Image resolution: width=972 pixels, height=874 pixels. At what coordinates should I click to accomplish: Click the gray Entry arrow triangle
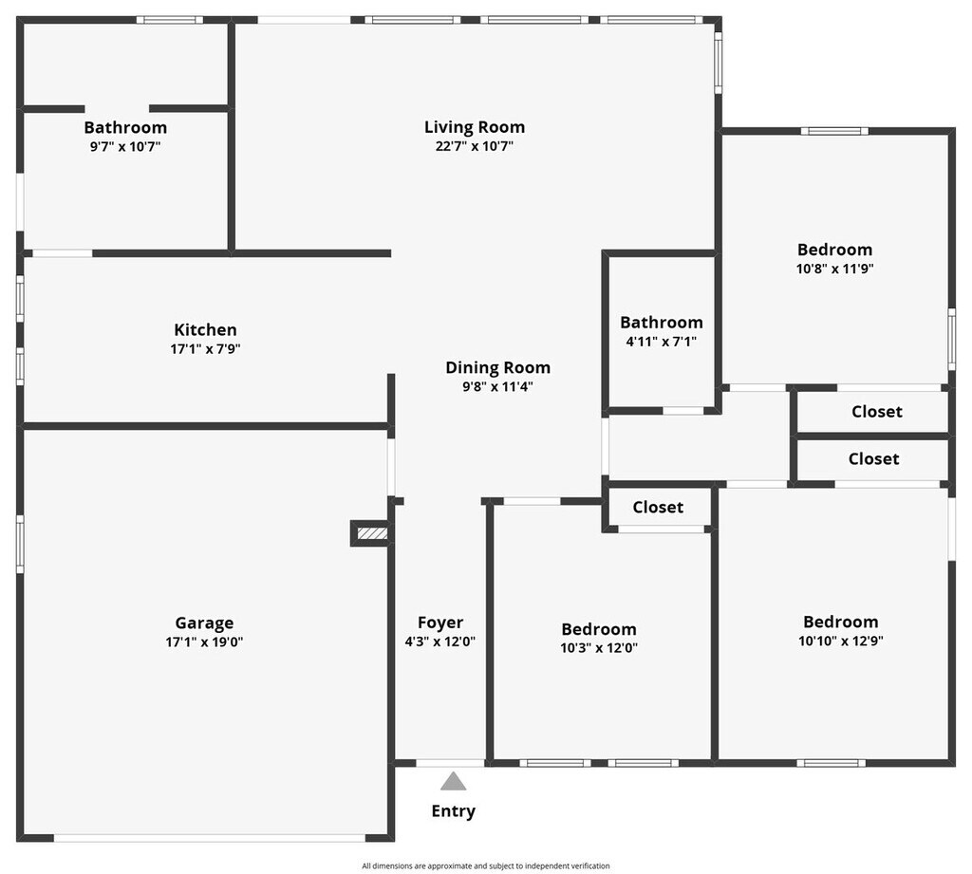tap(454, 782)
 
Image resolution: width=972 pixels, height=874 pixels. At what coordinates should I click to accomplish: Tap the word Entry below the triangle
tap(454, 811)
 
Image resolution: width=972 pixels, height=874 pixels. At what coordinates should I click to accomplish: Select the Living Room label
tap(474, 127)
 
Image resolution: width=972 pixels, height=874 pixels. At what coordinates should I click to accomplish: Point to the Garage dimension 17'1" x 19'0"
tap(204, 642)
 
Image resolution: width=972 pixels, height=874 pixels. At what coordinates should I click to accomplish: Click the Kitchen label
tap(205, 330)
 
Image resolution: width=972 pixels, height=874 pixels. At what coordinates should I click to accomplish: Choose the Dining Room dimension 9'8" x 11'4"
tap(497, 386)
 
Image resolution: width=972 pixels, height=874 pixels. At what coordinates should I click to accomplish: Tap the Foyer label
tap(440, 623)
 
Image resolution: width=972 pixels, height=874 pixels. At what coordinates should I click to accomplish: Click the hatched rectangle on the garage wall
tap(371, 534)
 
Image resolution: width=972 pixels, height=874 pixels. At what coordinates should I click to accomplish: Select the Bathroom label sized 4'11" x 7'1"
tap(662, 323)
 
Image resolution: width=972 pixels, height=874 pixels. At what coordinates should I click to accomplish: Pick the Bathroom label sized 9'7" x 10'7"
tap(125, 127)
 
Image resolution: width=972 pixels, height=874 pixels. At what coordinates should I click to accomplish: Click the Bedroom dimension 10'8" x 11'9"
tap(834, 269)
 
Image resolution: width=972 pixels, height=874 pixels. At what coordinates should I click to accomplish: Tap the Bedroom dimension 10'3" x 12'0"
tap(598, 648)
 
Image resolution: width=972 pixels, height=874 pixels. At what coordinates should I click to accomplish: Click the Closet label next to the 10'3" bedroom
tap(658, 508)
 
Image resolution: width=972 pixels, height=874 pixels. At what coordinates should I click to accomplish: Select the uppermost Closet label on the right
tap(876, 412)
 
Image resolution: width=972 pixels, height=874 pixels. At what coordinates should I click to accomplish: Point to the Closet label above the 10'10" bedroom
tap(873, 459)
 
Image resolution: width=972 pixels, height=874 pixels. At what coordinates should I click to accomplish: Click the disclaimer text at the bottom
tap(485, 865)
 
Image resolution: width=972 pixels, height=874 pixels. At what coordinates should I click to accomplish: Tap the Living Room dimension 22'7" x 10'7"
tap(474, 146)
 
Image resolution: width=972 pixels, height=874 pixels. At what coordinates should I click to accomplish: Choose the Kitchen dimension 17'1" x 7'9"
tap(205, 349)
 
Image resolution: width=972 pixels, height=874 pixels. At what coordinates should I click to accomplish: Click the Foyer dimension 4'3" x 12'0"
tap(440, 642)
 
